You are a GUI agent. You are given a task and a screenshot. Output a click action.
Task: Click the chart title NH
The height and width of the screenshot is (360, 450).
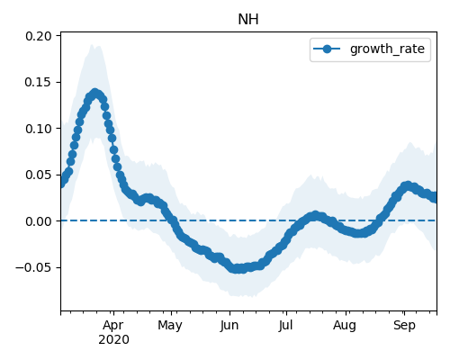(248, 20)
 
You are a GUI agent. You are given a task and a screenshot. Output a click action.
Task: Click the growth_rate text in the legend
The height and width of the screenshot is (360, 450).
(387, 49)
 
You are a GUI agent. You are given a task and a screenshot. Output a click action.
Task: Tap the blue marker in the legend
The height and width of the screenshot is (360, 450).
(327, 49)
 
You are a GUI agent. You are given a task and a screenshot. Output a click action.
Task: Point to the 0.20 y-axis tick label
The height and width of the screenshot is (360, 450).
(39, 36)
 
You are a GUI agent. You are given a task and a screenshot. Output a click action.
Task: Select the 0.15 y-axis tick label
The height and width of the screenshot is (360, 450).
(39, 83)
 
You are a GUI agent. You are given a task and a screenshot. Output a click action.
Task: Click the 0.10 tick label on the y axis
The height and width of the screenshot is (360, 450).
(39, 129)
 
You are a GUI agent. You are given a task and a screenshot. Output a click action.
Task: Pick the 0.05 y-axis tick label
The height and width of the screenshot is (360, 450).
(39, 175)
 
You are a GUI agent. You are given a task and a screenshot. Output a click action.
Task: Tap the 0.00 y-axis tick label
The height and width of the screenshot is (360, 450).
(39, 221)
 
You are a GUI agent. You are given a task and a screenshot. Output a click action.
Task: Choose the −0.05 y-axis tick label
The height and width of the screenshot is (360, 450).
(34, 267)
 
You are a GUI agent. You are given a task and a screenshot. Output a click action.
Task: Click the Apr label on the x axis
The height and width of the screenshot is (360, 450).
(113, 326)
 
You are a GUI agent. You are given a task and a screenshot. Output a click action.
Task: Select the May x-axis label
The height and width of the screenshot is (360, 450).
(170, 326)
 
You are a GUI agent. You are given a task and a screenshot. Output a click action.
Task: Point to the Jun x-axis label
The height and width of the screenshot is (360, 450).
(229, 326)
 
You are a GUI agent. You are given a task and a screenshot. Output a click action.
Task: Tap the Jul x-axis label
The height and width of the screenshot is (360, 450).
(285, 326)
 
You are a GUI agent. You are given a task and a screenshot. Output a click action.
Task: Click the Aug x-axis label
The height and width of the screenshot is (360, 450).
(345, 326)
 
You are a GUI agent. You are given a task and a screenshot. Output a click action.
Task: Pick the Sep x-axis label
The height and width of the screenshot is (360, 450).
(404, 326)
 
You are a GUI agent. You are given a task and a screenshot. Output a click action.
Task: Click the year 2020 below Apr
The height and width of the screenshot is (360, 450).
(113, 340)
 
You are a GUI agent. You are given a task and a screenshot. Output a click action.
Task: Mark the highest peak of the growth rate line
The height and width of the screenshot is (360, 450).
(95, 93)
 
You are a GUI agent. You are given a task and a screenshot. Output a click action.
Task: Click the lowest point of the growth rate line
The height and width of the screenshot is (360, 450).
(238, 268)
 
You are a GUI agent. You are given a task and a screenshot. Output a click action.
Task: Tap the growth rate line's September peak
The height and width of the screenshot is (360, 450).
(408, 185)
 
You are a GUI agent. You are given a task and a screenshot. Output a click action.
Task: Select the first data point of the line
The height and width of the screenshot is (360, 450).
(61, 184)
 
